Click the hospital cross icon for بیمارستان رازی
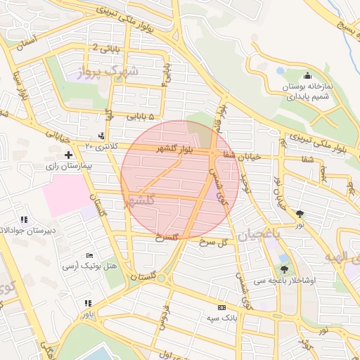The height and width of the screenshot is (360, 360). tap(68, 154)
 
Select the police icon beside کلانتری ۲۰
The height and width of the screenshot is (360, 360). tap(103, 135)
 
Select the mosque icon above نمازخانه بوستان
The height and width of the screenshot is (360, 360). tap(307, 77)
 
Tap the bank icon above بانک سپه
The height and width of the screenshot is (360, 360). tap(223, 308)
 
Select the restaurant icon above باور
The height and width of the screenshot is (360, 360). tap(87, 303)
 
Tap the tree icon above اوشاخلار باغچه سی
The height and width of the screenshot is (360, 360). tap(284, 269)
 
